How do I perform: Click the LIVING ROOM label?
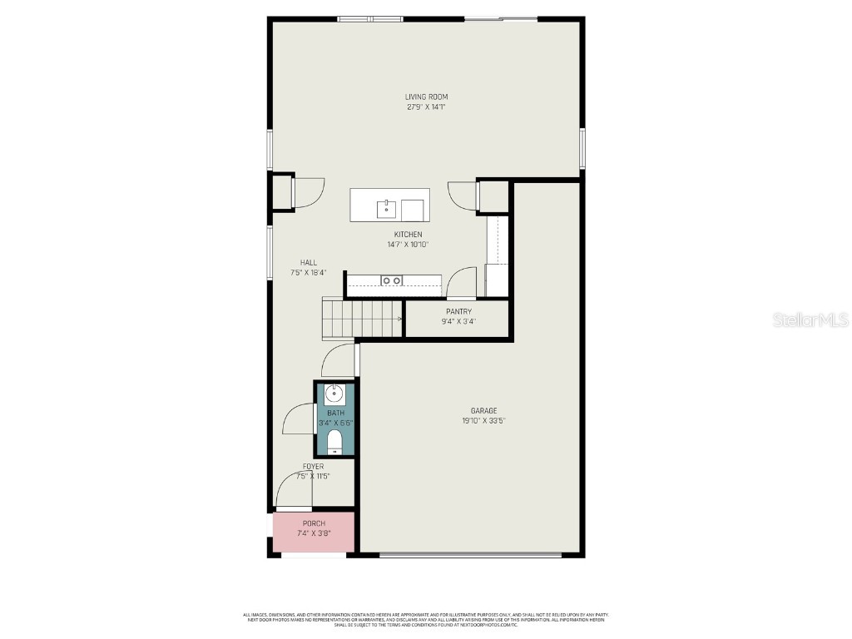tap(426, 97)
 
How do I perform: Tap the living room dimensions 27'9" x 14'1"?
tap(426, 107)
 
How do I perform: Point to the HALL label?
tap(309, 263)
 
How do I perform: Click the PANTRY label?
tap(458, 312)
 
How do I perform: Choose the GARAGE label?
tap(483, 411)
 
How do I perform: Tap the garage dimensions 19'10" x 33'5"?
tap(483, 421)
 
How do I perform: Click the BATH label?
tap(335, 414)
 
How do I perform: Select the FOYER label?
tap(313, 467)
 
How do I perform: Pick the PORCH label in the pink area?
tap(314, 523)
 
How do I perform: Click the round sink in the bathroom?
tap(334, 394)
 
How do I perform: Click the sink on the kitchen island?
tap(386, 208)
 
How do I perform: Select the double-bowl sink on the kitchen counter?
tap(391, 280)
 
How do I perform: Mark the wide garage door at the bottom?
tap(470, 555)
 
